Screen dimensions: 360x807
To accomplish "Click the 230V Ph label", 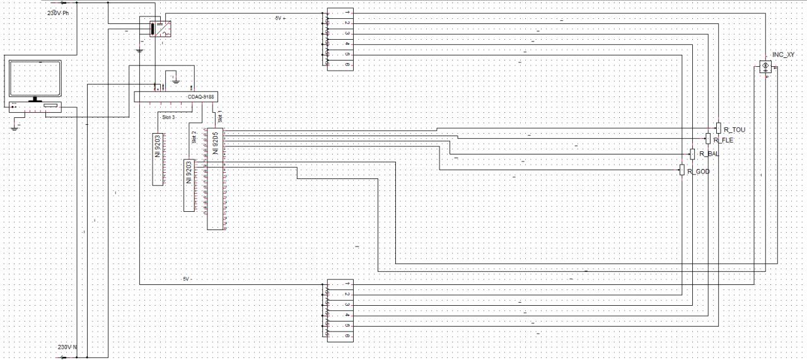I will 57,13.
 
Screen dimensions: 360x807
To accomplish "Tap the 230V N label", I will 67,347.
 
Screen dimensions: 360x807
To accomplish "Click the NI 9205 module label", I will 216,144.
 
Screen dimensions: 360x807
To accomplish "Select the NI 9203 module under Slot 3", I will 157,159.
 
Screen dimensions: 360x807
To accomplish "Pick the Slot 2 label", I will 194,137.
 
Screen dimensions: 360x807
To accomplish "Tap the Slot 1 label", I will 219,117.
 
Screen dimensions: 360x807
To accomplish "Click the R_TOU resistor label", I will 734,129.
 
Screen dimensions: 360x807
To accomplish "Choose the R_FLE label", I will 723,140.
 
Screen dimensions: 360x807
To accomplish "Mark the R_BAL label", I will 709,154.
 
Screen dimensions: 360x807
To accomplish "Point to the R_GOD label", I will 699,171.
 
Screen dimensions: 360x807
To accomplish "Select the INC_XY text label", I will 783,55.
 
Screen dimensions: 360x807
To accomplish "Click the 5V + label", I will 281,18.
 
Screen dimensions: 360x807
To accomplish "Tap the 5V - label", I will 186,279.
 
